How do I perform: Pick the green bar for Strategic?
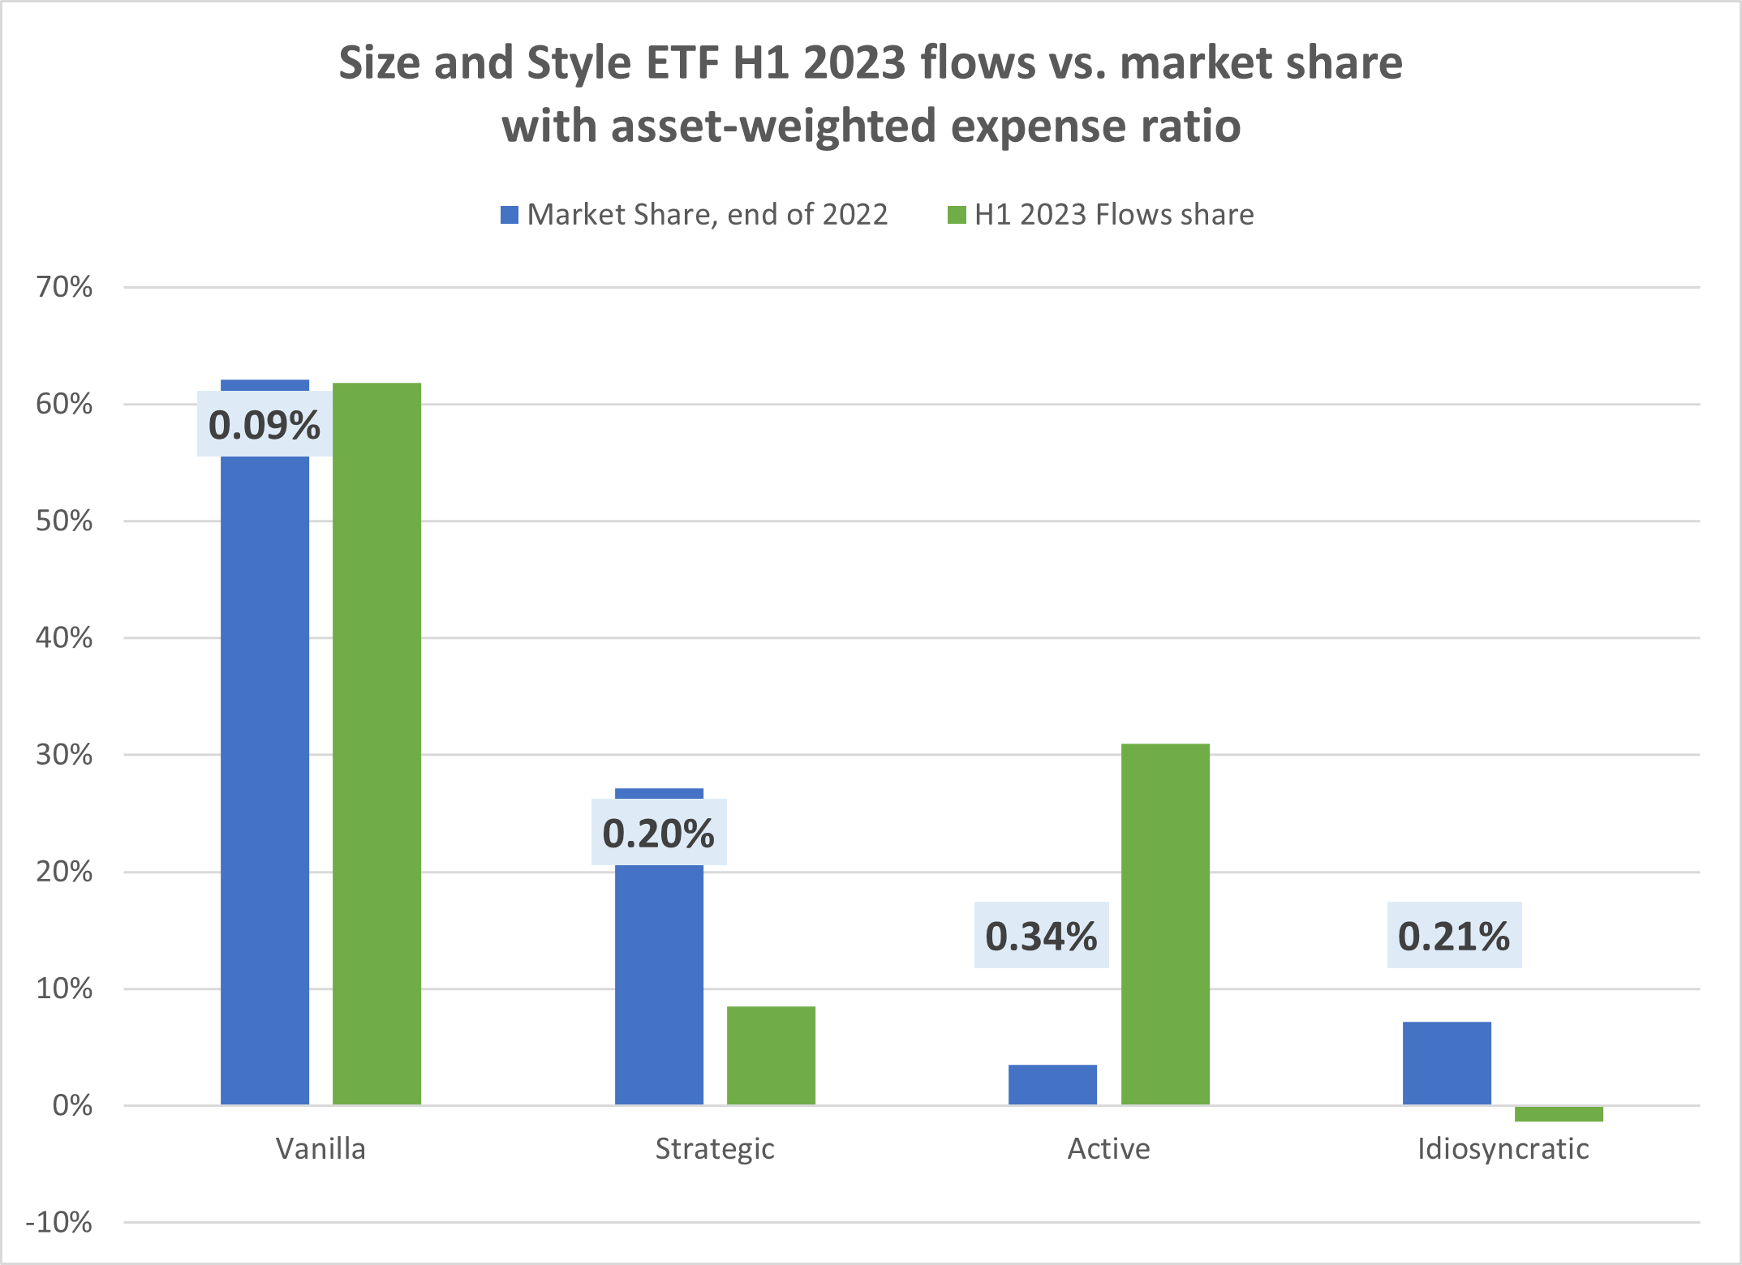[771, 1055]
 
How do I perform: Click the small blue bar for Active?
[1052, 1084]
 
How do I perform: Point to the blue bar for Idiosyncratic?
[1447, 1062]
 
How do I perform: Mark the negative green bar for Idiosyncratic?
[1559, 1114]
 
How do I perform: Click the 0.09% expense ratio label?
[265, 425]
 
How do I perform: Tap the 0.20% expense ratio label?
[659, 833]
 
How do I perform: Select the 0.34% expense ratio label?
[1041, 936]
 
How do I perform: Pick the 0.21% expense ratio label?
[1454, 936]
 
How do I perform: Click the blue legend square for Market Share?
[510, 215]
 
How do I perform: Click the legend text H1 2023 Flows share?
[1113, 215]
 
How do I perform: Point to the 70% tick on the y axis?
[64, 287]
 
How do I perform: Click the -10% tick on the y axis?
[59, 1222]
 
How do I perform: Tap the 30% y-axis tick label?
[64, 755]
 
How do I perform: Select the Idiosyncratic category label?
[1503, 1149]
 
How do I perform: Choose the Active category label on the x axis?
[1108, 1149]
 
